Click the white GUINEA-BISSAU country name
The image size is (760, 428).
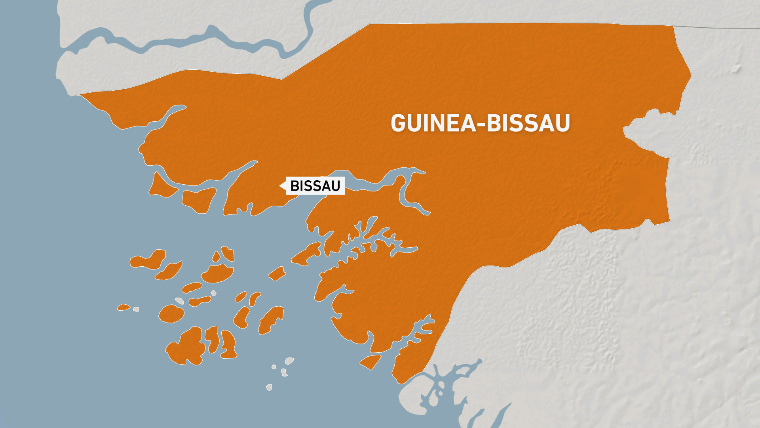click(x=480, y=123)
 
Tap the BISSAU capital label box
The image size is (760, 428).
click(x=315, y=185)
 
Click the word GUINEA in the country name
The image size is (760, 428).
click(x=433, y=123)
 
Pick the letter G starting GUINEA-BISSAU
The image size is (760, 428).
click(x=398, y=123)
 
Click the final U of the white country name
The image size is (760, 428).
click(x=562, y=123)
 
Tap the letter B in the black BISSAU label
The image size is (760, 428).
click(x=295, y=185)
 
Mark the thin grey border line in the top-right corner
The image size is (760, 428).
click(x=716, y=27)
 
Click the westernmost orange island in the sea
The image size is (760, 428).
click(x=123, y=307)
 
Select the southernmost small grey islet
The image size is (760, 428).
click(x=269, y=387)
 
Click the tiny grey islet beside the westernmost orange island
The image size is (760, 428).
click(x=136, y=309)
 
